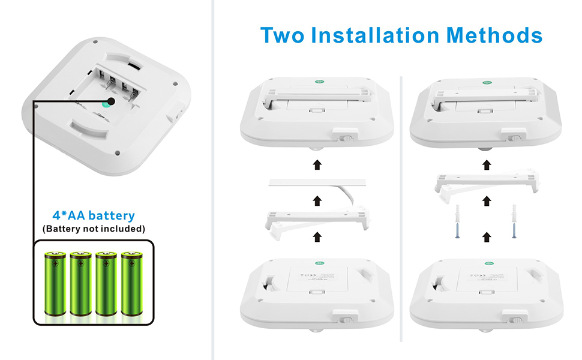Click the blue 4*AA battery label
(x=93, y=215)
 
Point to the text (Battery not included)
(x=94, y=229)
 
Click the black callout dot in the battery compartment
(x=112, y=103)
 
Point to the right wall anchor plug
(x=514, y=213)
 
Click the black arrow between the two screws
(x=486, y=238)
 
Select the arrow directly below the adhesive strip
(x=316, y=200)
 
